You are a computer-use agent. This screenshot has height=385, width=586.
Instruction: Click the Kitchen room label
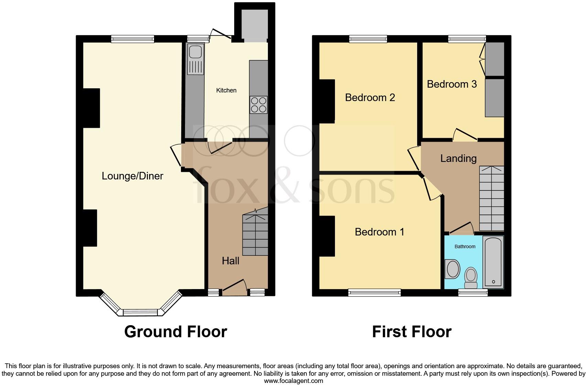click(x=226, y=90)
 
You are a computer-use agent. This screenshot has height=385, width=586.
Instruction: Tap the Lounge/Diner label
click(x=132, y=176)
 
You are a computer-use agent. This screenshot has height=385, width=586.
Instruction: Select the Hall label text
click(x=230, y=261)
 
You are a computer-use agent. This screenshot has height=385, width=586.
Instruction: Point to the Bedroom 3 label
click(x=452, y=84)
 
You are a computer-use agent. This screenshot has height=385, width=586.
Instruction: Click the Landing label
click(x=458, y=158)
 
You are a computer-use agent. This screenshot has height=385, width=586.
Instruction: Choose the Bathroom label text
click(x=465, y=246)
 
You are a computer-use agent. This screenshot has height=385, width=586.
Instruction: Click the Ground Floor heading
click(x=175, y=332)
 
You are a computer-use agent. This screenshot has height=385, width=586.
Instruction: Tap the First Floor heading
click(x=412, y=332)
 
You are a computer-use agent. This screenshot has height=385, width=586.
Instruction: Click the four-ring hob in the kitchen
click(x=259, y=105)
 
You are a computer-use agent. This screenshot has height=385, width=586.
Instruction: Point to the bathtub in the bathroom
click(x=493, y=262)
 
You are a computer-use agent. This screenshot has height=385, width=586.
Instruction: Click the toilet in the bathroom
click(x=471, y=278)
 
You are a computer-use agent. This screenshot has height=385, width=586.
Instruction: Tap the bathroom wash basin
click(x=453, y=269)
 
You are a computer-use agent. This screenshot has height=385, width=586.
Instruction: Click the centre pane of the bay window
click(x=140, y=312)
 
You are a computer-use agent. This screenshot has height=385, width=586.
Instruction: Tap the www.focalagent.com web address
click(x=293, y=381)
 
